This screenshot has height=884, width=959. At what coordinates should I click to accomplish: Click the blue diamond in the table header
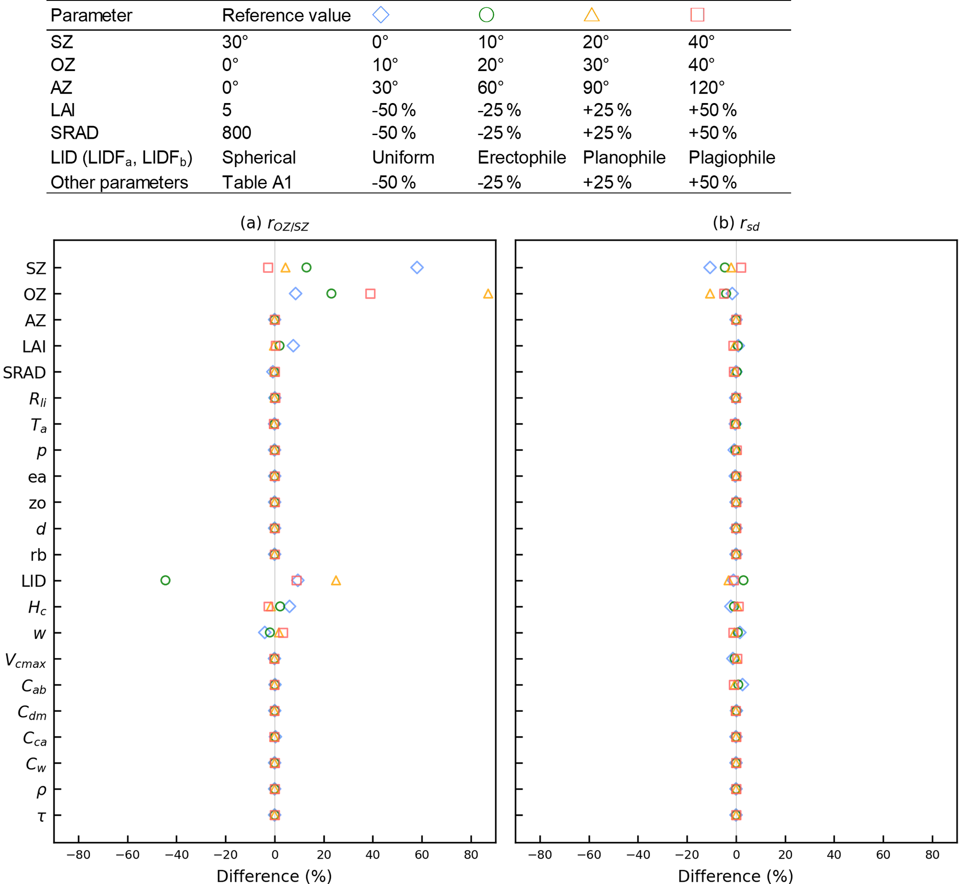point(380,15)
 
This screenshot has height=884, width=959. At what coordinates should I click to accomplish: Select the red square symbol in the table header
point(697,15)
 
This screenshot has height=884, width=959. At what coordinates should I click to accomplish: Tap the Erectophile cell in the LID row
point(521,157)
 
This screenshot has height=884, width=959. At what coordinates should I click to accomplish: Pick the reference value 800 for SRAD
point(236,133)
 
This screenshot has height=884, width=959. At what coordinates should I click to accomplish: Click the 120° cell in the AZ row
point(706,88)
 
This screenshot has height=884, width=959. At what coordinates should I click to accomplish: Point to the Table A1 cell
point(257,182)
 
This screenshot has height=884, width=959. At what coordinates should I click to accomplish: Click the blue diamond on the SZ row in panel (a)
point(417,267)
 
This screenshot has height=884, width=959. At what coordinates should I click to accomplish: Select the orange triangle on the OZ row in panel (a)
point(488,294)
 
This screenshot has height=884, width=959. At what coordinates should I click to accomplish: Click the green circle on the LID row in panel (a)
point(165,580)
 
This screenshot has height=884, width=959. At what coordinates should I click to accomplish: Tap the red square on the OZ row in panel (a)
point(370,294)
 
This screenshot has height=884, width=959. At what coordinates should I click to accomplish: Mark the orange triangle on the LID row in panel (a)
point(336,581)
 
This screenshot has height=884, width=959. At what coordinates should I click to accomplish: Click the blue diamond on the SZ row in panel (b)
point(709,267)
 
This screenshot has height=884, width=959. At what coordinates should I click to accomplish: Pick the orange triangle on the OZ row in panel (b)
point(709,294)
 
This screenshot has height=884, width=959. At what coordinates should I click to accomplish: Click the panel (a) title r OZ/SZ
point(274,223)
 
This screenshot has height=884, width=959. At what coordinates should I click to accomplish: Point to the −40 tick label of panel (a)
point(176,855)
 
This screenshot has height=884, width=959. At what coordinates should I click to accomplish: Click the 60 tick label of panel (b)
point(883,855)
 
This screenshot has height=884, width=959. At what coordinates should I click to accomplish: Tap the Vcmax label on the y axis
point(26,660)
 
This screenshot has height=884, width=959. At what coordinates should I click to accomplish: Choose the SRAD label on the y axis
point(25,373)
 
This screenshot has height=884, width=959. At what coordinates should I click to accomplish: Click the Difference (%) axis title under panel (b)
point(736,875)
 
